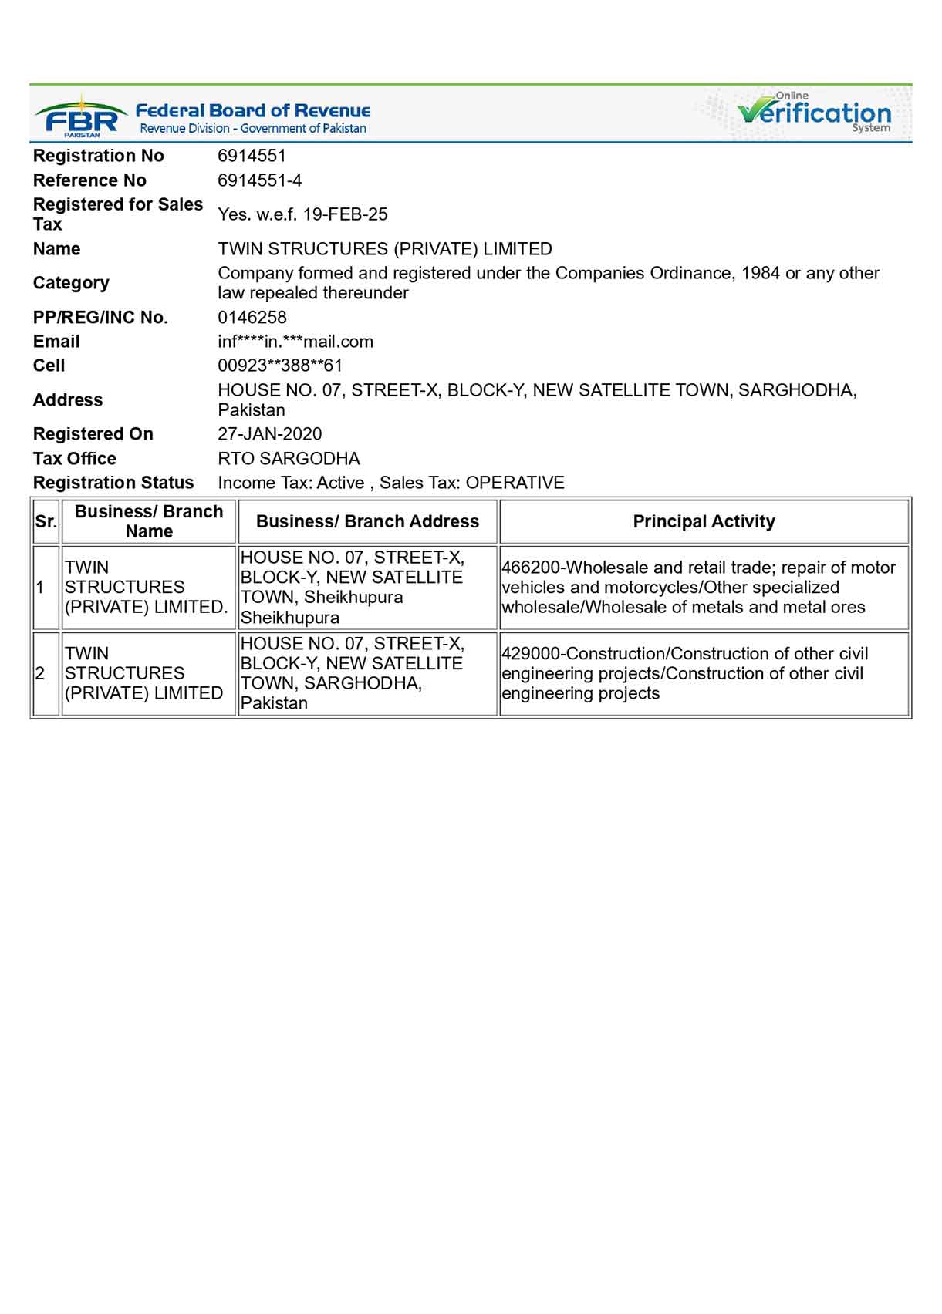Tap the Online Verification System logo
coord(814,113)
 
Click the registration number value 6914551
coord(252,156)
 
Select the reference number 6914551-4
coord(259,180)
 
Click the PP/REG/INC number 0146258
coord(252,318)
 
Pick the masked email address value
coord(295,342)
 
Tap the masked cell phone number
coord(280,366)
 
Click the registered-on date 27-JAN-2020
coord(270,434)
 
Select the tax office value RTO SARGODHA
coord(289,459)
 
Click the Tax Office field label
coord(75,459)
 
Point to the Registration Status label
coord(113,483)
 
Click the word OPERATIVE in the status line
coord(515,483)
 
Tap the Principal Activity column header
coord(704,521)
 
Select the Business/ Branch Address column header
coord(367,521)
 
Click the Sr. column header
coord(46,521)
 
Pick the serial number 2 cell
coord(40,673)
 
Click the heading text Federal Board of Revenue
coord(253,111)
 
